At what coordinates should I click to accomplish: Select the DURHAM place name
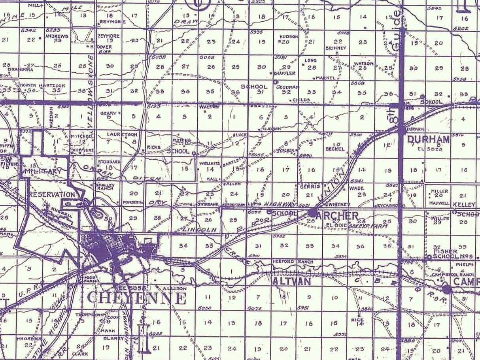(x=428, y=139)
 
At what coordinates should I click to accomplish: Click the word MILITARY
(x=42, y=172)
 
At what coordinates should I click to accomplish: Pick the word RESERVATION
(x=51, y=194)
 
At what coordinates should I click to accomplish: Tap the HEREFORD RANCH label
(x=293, y=262)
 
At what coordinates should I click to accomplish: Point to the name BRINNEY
(x=336, y=48)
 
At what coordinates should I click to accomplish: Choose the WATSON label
(x=364, y=63)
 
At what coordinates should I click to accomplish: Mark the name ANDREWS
(x=57, y=36)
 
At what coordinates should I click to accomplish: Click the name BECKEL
(x=335, y=149)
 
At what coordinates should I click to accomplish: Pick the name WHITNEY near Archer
(x=336, y=204)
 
